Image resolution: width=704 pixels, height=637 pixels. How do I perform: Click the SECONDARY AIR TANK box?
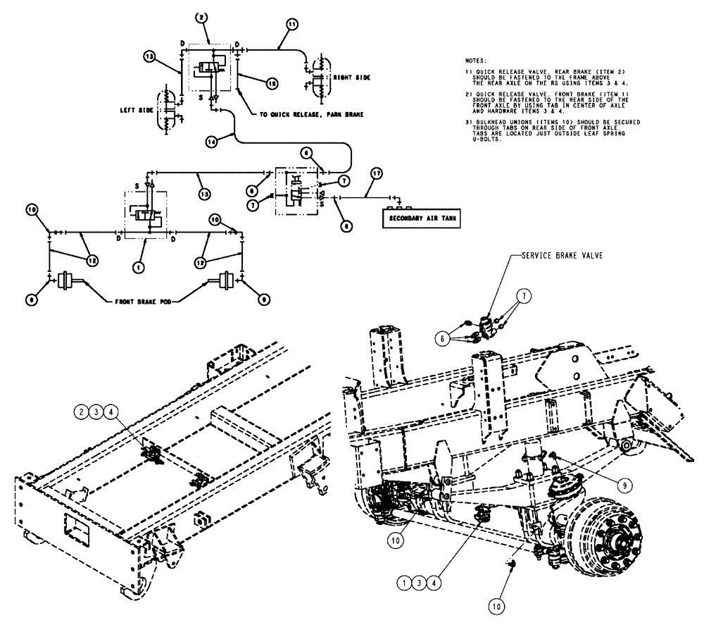(x=420, y=219)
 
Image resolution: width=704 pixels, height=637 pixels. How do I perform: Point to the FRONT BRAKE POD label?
(x=143, y=302)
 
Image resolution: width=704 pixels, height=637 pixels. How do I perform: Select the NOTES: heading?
(x=477, y=61)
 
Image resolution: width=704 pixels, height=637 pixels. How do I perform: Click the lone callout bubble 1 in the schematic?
(x=139, y=267)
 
